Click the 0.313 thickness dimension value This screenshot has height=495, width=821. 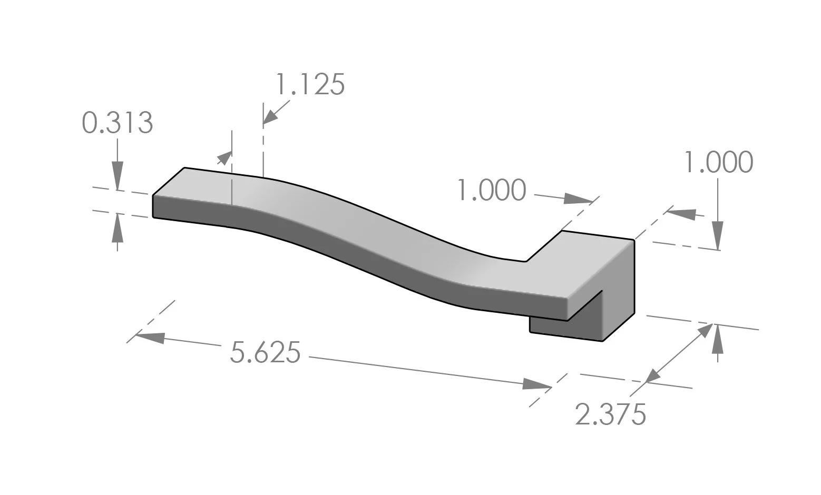tap(117, 123)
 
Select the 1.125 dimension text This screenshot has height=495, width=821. tap(310, 84)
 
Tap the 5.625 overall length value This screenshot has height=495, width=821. tap(265, 352)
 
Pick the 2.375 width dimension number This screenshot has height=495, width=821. tap(610, 414)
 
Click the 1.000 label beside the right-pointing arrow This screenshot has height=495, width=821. tap(491, 190)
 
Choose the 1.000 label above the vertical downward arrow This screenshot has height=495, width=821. tap(718, 162)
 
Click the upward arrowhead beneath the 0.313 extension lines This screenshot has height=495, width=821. tap(117, 226)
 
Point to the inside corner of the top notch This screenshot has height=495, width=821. tap(526, 261)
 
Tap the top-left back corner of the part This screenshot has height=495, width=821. tap(184, 168)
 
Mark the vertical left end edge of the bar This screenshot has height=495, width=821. tap(153, 206)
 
